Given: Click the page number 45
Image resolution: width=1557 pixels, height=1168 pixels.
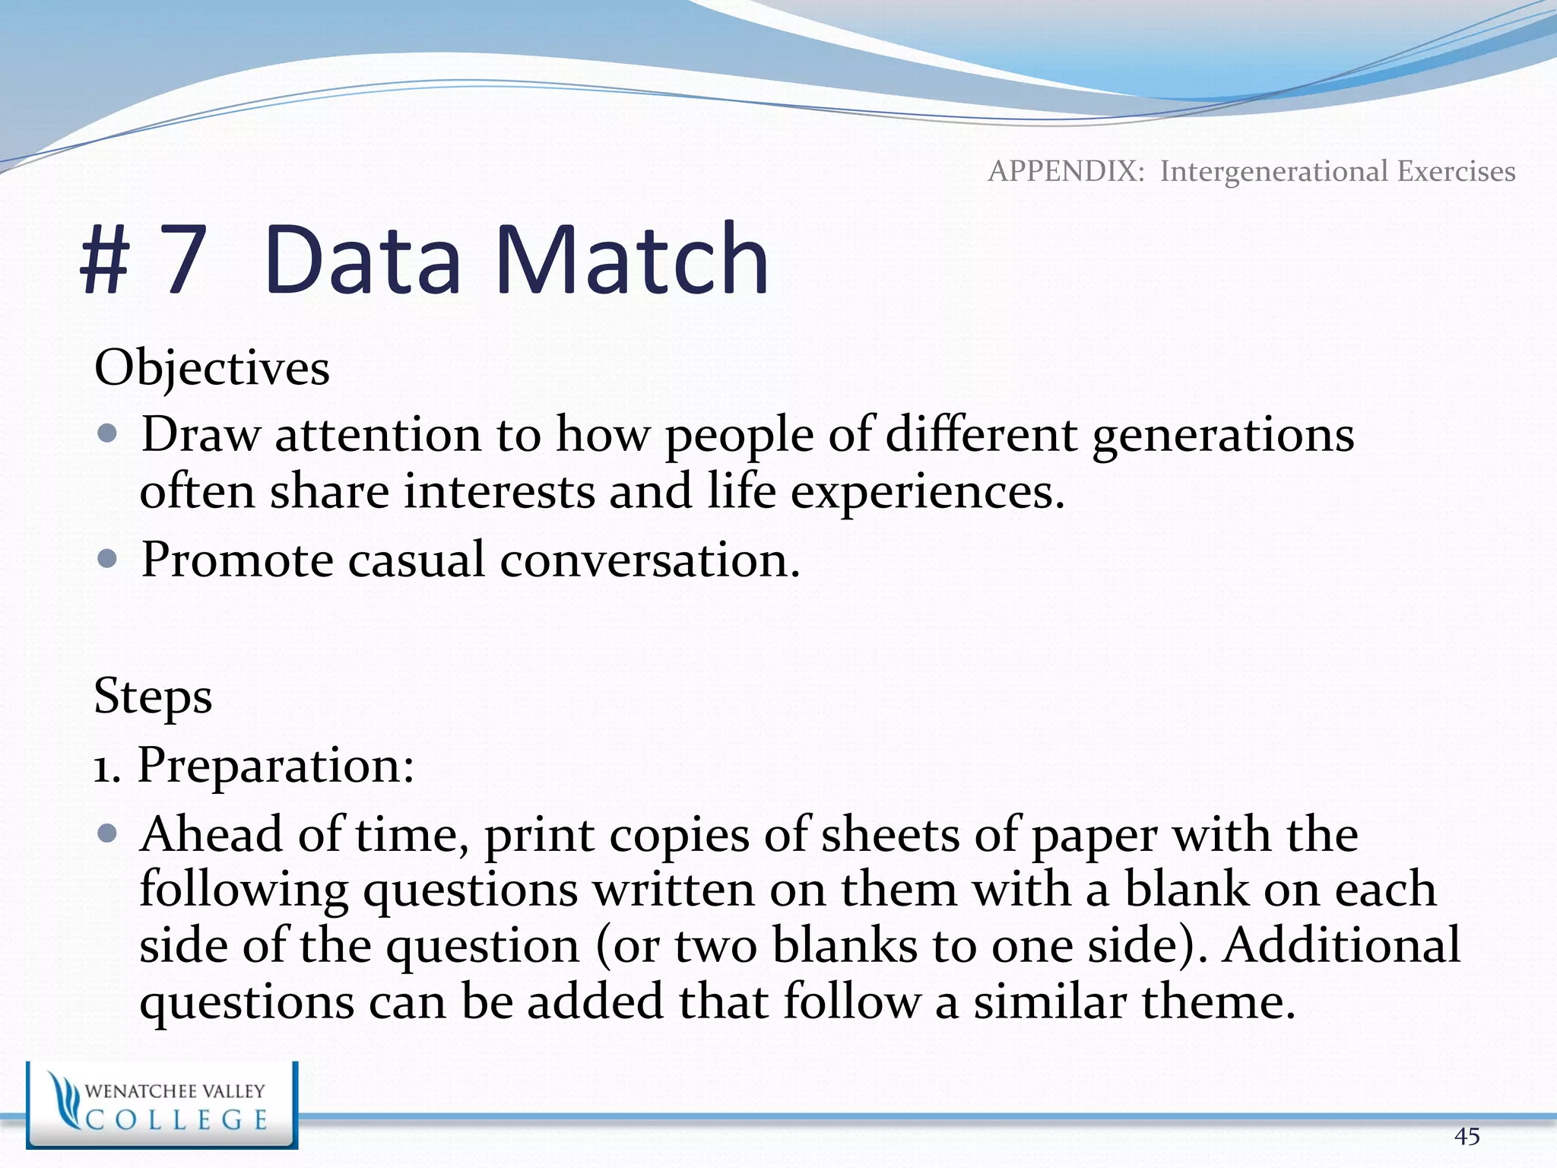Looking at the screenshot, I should coord(1467,1136).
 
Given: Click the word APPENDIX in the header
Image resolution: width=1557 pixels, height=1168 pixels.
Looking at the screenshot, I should coord(1066,171).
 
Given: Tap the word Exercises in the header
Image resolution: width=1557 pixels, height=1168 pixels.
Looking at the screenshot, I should coord(1456,171).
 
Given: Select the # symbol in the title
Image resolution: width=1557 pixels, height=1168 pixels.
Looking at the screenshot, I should coord(105,261).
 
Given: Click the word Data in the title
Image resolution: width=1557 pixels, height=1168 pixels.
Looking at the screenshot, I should coord(363,261).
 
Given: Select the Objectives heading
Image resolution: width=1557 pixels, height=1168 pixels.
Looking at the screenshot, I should coord(212,369).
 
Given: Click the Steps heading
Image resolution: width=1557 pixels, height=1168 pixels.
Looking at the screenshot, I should coord(153,697).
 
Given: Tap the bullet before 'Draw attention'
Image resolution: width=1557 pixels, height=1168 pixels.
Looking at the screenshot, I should coord(108,433).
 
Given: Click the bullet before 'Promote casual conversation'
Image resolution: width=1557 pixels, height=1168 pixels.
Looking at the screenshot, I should coord(108,559).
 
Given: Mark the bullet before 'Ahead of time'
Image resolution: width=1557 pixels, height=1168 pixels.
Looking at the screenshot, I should coord(108,833).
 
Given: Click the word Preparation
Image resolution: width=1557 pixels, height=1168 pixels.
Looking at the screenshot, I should coord(275,766).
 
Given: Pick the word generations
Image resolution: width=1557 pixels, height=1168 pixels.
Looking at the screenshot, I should coord(1222,436).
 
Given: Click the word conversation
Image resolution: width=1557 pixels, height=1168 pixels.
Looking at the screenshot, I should coord(649,560).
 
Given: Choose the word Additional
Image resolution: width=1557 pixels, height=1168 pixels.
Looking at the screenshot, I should coord(1341,945).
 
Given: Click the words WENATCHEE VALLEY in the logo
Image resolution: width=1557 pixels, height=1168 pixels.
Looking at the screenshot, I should coord(175,1091).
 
